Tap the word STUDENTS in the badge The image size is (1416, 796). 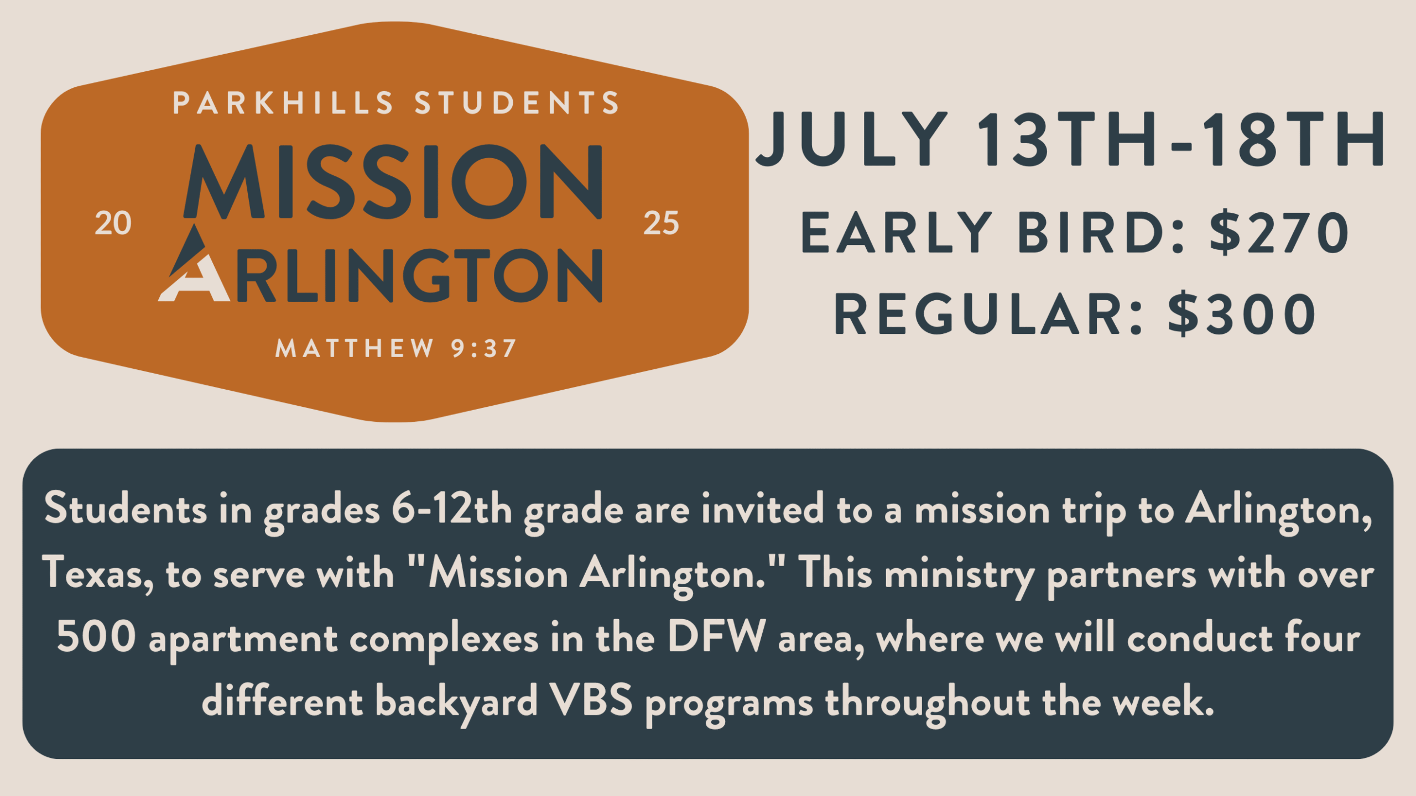(x=517, y=103)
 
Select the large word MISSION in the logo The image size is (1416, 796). (x=393, y=182)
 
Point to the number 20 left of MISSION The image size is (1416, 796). (x=113, y=224)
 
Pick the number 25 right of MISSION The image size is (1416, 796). (x=661, y=224)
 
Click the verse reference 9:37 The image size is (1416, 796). (x=484, y=349)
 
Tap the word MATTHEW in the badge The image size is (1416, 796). (x=354, y=349)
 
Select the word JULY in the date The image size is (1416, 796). (x=852, y=139)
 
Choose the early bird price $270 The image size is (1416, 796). (x=1279, y=233)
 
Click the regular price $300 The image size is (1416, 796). (x=1242, y=314)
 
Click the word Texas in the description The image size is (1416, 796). (x=92, y=573)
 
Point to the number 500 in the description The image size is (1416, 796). (x=96, y=636)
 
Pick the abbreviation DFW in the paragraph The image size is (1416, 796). (x=717, y=636)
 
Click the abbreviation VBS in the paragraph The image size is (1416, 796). (x=592, y=700)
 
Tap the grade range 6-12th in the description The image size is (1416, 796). (x=452, y=509)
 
